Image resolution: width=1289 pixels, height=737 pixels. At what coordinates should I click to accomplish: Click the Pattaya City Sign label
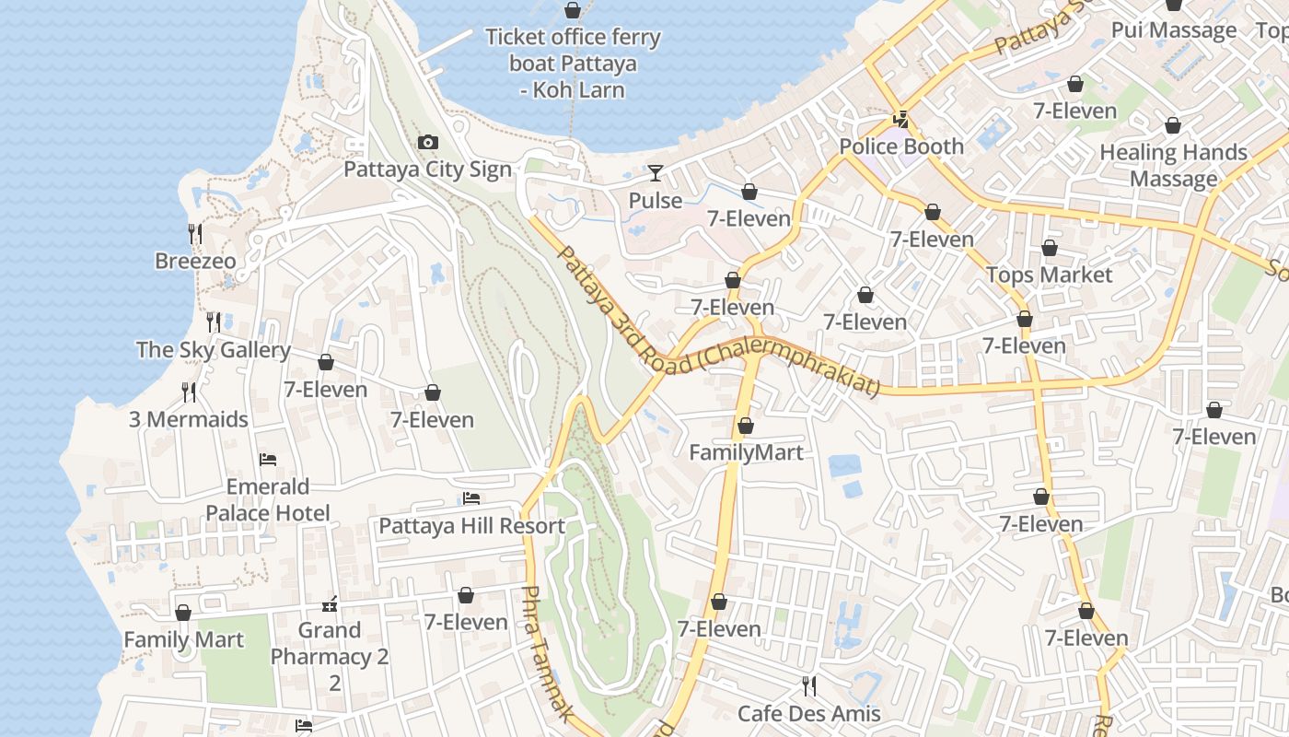coord(427,170)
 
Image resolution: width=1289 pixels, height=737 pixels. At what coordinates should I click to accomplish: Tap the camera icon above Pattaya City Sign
coord(427,142)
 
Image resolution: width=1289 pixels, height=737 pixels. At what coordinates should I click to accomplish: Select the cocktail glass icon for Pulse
coord(655,172)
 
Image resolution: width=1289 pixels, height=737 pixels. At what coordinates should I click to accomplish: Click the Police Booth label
coord(900,146)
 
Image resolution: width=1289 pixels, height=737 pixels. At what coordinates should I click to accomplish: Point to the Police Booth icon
coord(900,119)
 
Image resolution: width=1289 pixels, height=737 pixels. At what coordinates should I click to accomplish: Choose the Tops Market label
coord(1049,275)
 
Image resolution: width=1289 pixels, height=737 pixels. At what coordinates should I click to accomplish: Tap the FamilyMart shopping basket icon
coord(746,426)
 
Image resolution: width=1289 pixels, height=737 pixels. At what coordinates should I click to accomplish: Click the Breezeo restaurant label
coord(195,261)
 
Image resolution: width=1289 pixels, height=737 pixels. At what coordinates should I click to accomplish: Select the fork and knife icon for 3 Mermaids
coord(189,392)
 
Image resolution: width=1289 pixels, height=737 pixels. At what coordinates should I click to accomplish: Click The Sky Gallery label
coord(214,350)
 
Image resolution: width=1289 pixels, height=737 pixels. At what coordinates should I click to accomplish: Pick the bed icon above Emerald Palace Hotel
coord(268,459)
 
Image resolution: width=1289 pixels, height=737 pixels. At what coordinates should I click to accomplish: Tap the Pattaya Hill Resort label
coord(471,526)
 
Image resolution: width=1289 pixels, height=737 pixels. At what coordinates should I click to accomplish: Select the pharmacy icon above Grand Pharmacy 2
coord(330,605)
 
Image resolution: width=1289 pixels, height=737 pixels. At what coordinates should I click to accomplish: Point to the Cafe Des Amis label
coord(808,713)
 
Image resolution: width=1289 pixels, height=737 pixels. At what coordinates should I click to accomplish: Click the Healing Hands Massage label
coord(1173,165)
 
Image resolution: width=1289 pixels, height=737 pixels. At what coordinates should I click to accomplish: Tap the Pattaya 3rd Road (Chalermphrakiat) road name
coord(718,322)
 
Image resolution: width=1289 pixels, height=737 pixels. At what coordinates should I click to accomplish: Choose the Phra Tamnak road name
coord(548,654)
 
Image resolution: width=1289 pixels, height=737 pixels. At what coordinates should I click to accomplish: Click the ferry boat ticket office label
coord(573,64)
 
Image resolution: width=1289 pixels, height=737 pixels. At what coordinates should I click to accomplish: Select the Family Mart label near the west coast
coord(183,639)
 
